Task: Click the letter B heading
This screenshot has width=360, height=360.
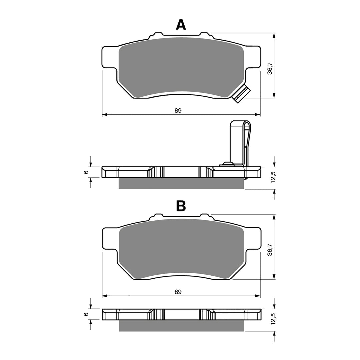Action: (181, 206)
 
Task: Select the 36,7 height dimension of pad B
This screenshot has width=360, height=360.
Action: (270, 249)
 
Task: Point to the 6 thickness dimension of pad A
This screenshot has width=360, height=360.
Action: (86, 172)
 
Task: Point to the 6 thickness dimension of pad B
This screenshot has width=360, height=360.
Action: (86, 314)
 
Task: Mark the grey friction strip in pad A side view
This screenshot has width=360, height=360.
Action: (182, 183)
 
